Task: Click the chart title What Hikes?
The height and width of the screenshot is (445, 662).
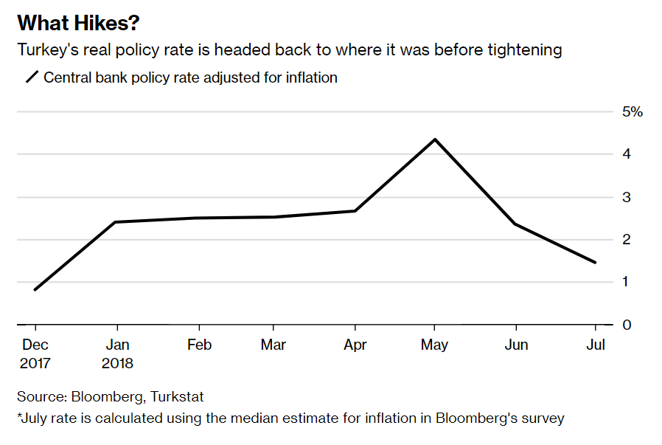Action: [77, 23]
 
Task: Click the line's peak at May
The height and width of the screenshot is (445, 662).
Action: [435, 139]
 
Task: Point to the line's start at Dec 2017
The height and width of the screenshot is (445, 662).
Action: [35, 289]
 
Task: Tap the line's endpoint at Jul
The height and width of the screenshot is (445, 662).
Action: [595, 262]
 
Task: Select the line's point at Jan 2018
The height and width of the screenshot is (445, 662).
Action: [116, 222]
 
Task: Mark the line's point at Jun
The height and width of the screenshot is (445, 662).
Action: [515, 224]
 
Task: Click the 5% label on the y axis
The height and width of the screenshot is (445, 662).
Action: [633, 112]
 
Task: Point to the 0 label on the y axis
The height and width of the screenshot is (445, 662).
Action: [627, 325]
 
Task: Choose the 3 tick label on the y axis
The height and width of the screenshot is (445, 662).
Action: [627, 197]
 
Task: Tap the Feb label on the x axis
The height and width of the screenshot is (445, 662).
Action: [199, 345]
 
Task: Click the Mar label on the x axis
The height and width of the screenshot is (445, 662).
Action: [273, 345]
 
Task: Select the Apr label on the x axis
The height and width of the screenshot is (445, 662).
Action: [355, 345]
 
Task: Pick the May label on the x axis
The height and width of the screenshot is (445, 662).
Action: [435, 345]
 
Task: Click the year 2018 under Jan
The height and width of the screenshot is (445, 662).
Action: [117, 363]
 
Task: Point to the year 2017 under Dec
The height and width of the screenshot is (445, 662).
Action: [35, 363]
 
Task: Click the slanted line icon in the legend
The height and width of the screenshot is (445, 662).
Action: [32, 77]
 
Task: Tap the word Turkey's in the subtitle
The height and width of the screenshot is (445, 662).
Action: [47, 50]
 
